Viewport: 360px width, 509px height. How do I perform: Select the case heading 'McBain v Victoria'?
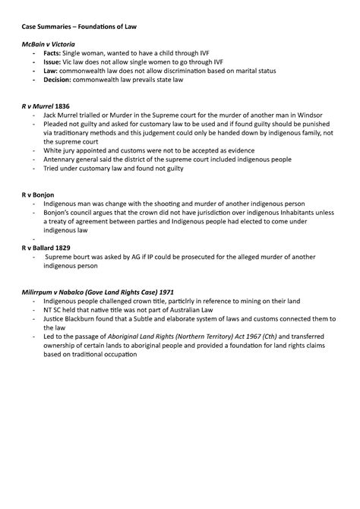pyautogui.click(x=50, y=44)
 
